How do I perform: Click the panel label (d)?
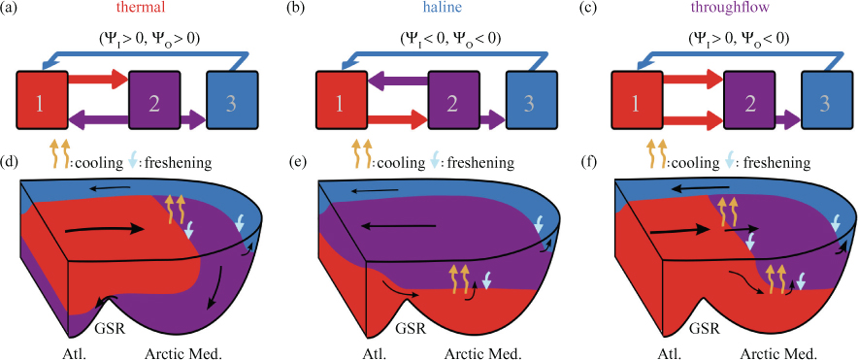(10, 163)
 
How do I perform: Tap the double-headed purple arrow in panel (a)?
(137, 116)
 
